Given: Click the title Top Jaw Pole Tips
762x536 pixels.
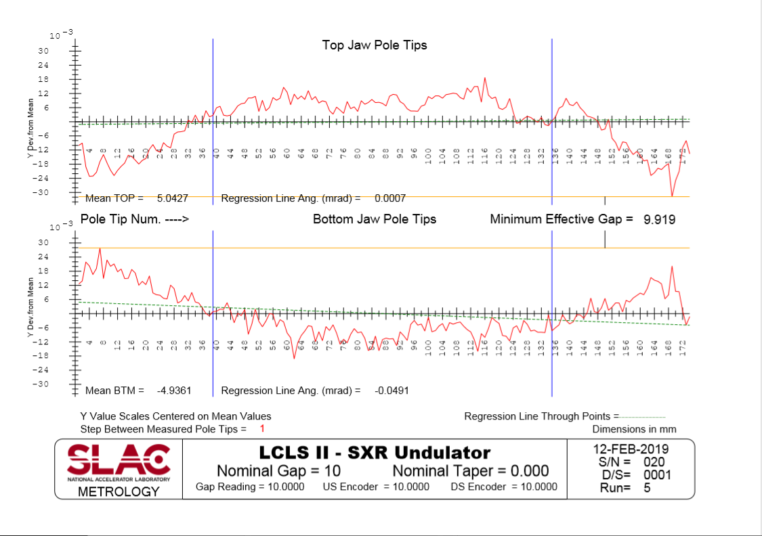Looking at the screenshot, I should (375, 45).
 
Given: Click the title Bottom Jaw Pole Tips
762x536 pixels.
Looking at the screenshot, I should (375, 219).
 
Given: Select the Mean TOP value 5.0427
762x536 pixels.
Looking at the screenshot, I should (173, 198).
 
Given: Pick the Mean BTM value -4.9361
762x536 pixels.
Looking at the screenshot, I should (174, 390).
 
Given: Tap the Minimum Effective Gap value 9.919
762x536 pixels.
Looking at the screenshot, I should (659, 219).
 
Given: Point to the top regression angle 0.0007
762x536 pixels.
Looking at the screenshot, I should (390, 198).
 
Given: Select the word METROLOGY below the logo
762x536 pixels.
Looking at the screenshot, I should (119, 491).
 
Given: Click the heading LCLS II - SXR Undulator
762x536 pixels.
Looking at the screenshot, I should (375, 452).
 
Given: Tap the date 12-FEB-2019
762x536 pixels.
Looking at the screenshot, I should (631, 449).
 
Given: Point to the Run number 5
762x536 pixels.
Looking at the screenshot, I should (648, 487).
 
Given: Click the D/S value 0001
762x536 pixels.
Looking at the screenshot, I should (657, 474).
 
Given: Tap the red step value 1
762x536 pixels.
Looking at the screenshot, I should (262, 429).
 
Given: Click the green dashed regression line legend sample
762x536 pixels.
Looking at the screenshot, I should (643, 417).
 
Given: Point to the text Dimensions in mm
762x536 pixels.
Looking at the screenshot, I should (634, 429).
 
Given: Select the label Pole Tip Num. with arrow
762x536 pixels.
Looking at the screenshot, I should (134, 219).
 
